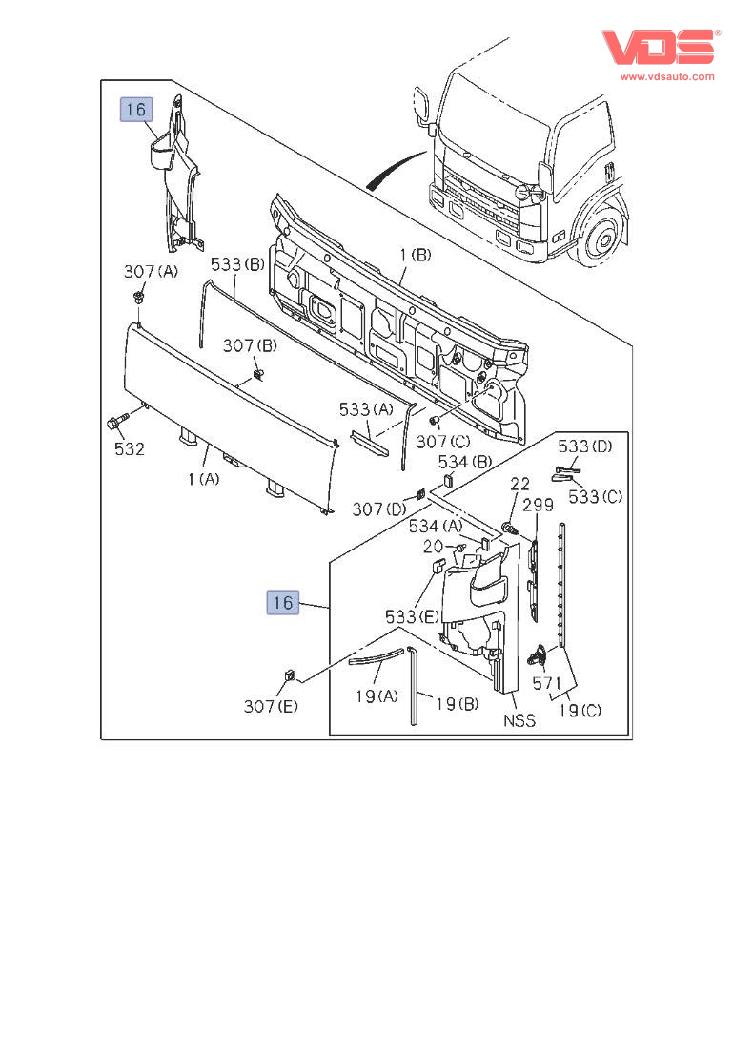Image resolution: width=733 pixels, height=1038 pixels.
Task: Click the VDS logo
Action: [658, 47]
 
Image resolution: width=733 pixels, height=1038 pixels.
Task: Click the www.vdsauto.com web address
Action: [667, 76]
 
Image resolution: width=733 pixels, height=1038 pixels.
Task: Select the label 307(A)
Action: [151, 272]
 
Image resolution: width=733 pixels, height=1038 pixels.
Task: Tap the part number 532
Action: [129, 449]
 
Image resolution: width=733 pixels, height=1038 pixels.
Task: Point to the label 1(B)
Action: [415, 255]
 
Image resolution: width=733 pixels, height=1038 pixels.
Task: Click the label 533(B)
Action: [237, 264]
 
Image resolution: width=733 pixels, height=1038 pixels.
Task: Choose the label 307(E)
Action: [271, 706]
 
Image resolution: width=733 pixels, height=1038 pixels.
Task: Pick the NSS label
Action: [519, 721]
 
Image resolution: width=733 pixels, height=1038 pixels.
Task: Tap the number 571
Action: [546, 683]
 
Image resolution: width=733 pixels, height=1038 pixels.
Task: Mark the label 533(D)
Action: [584, 446]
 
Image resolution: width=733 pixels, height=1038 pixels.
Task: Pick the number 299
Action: [537, 505]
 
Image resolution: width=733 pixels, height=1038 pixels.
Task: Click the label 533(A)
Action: [367, 409]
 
